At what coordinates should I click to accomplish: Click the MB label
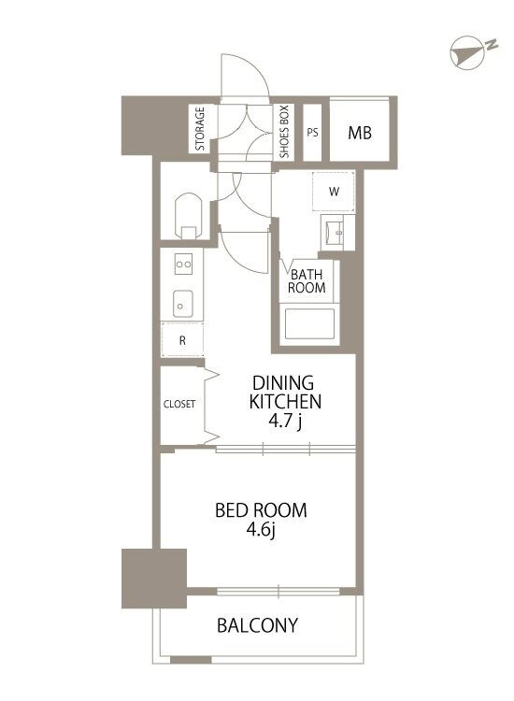[360, 133]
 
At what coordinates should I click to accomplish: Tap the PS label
[312, 133]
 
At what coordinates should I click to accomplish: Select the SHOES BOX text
[284, 132]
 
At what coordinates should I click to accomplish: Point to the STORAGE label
[200, 129]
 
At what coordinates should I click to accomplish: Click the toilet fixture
[189, 217]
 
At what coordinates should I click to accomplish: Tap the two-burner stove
[183, 265]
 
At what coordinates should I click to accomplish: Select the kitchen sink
[183, 304]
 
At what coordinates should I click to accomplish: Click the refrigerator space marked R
[182, 340]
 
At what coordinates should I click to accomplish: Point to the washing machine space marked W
[334, 192]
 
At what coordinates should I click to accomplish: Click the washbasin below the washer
[337, 233]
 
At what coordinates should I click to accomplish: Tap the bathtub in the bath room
[309, 323]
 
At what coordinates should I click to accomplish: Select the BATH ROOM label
[307, 280]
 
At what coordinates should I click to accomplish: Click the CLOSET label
[179, 404]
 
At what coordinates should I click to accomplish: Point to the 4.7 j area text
[285, 422]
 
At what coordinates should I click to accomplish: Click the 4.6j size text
[261, 531]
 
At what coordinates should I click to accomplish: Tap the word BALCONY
[257, 625]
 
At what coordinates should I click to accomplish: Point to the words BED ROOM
[261, 510]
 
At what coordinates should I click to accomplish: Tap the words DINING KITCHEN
[285, 392]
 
